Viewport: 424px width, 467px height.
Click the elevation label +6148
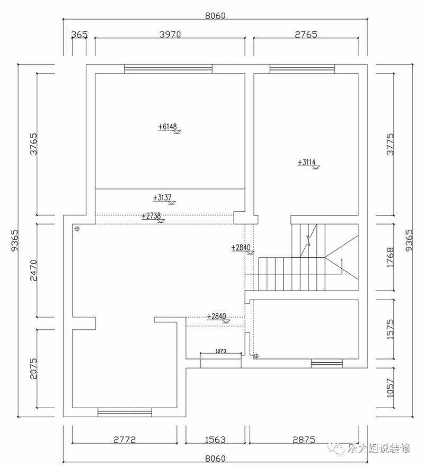(x=167, y=127)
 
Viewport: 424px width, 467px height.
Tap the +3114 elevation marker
(x=306, y=163)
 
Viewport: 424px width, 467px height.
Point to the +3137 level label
(x=162, y=197)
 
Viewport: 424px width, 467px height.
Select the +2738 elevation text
(x=151, y=215)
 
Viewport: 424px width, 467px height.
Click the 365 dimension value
(x=79, y=34)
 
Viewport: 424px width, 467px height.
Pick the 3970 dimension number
(x=170, y=34)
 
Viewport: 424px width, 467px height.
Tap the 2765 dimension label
(x=306, y=34)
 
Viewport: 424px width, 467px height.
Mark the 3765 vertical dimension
(x=34, y=144)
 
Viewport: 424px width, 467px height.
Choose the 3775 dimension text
(x=390, y=144)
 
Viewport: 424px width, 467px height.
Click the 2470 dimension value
(x=34, y=271)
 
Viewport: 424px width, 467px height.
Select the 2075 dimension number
(x=34, y=369)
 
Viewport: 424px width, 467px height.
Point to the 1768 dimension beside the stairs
(x=390, y=257)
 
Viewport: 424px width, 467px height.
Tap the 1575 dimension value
(x=390, y=329)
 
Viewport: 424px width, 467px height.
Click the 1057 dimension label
(x=390, y=388)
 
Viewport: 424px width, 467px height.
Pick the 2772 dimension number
(x=125, y=439)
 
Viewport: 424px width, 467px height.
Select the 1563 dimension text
(x=215, y=439)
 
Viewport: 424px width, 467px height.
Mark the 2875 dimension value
(x=304, y=439)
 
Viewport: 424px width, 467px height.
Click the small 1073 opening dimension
(x=220, y=351)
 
